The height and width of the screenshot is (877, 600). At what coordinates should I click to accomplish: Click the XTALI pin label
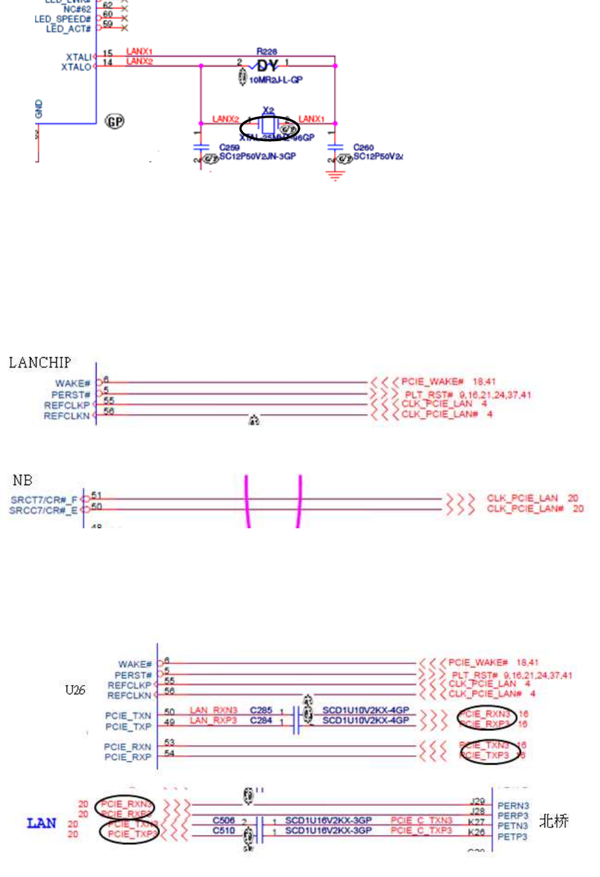coord(78,57)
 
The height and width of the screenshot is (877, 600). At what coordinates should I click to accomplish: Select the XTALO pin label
coord(76,67)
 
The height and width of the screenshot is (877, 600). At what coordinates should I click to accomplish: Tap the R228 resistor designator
coord(266,52)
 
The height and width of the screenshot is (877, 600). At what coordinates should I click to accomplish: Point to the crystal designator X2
coord(268,111)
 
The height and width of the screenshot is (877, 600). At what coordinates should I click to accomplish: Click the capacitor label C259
coord(229,148)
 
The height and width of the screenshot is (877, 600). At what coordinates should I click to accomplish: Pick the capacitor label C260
coord(364,148)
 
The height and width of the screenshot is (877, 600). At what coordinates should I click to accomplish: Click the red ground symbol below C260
coord(335,174)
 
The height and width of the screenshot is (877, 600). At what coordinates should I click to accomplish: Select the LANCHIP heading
coord(40,363)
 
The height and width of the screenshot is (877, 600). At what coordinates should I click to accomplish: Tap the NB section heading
coord(22,481)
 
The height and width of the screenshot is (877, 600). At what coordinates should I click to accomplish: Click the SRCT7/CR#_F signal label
coord(44,500)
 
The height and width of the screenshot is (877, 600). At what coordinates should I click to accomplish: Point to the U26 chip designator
coord(75,690)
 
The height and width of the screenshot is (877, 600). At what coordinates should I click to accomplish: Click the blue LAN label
coord(42,823)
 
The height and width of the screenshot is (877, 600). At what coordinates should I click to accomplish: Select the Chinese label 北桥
coord(554,821)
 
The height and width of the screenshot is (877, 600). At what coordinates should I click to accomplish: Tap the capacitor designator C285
coord(261,710)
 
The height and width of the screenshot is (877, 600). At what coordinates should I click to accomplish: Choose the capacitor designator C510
coord(223,831)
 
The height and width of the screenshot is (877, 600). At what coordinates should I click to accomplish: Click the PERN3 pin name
coord(513,806)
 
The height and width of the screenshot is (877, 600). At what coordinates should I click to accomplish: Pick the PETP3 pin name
coord(513,837)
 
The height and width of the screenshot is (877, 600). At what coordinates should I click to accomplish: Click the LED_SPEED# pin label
coord(63,20)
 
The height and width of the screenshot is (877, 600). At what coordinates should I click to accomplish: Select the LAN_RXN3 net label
coord(213,710)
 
